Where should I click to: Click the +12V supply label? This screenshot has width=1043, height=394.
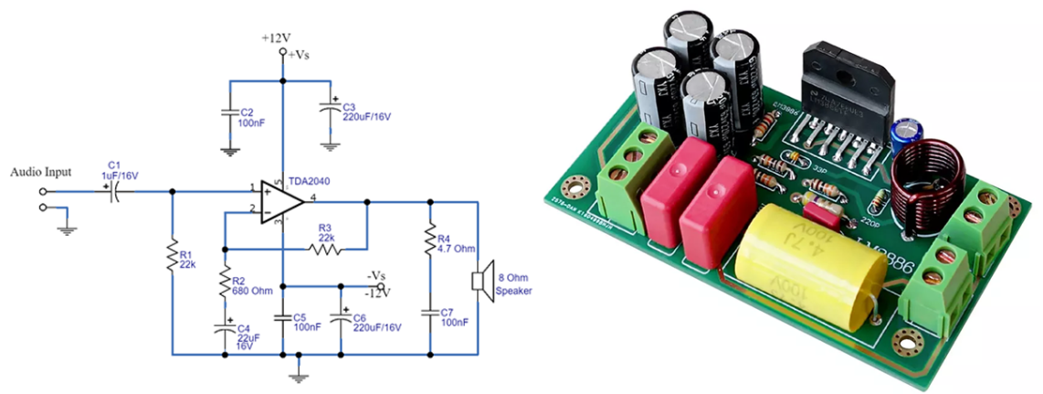276,37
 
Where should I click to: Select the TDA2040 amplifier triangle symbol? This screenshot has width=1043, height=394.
281,202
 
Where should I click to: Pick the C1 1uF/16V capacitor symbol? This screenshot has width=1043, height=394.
114,192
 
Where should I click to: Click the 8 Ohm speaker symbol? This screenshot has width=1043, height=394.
477,280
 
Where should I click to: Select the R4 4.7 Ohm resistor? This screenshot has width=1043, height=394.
429,241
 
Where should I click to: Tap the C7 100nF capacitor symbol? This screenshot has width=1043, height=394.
429,311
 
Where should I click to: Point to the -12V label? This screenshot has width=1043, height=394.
378,293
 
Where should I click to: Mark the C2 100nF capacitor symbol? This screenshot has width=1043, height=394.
227,113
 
